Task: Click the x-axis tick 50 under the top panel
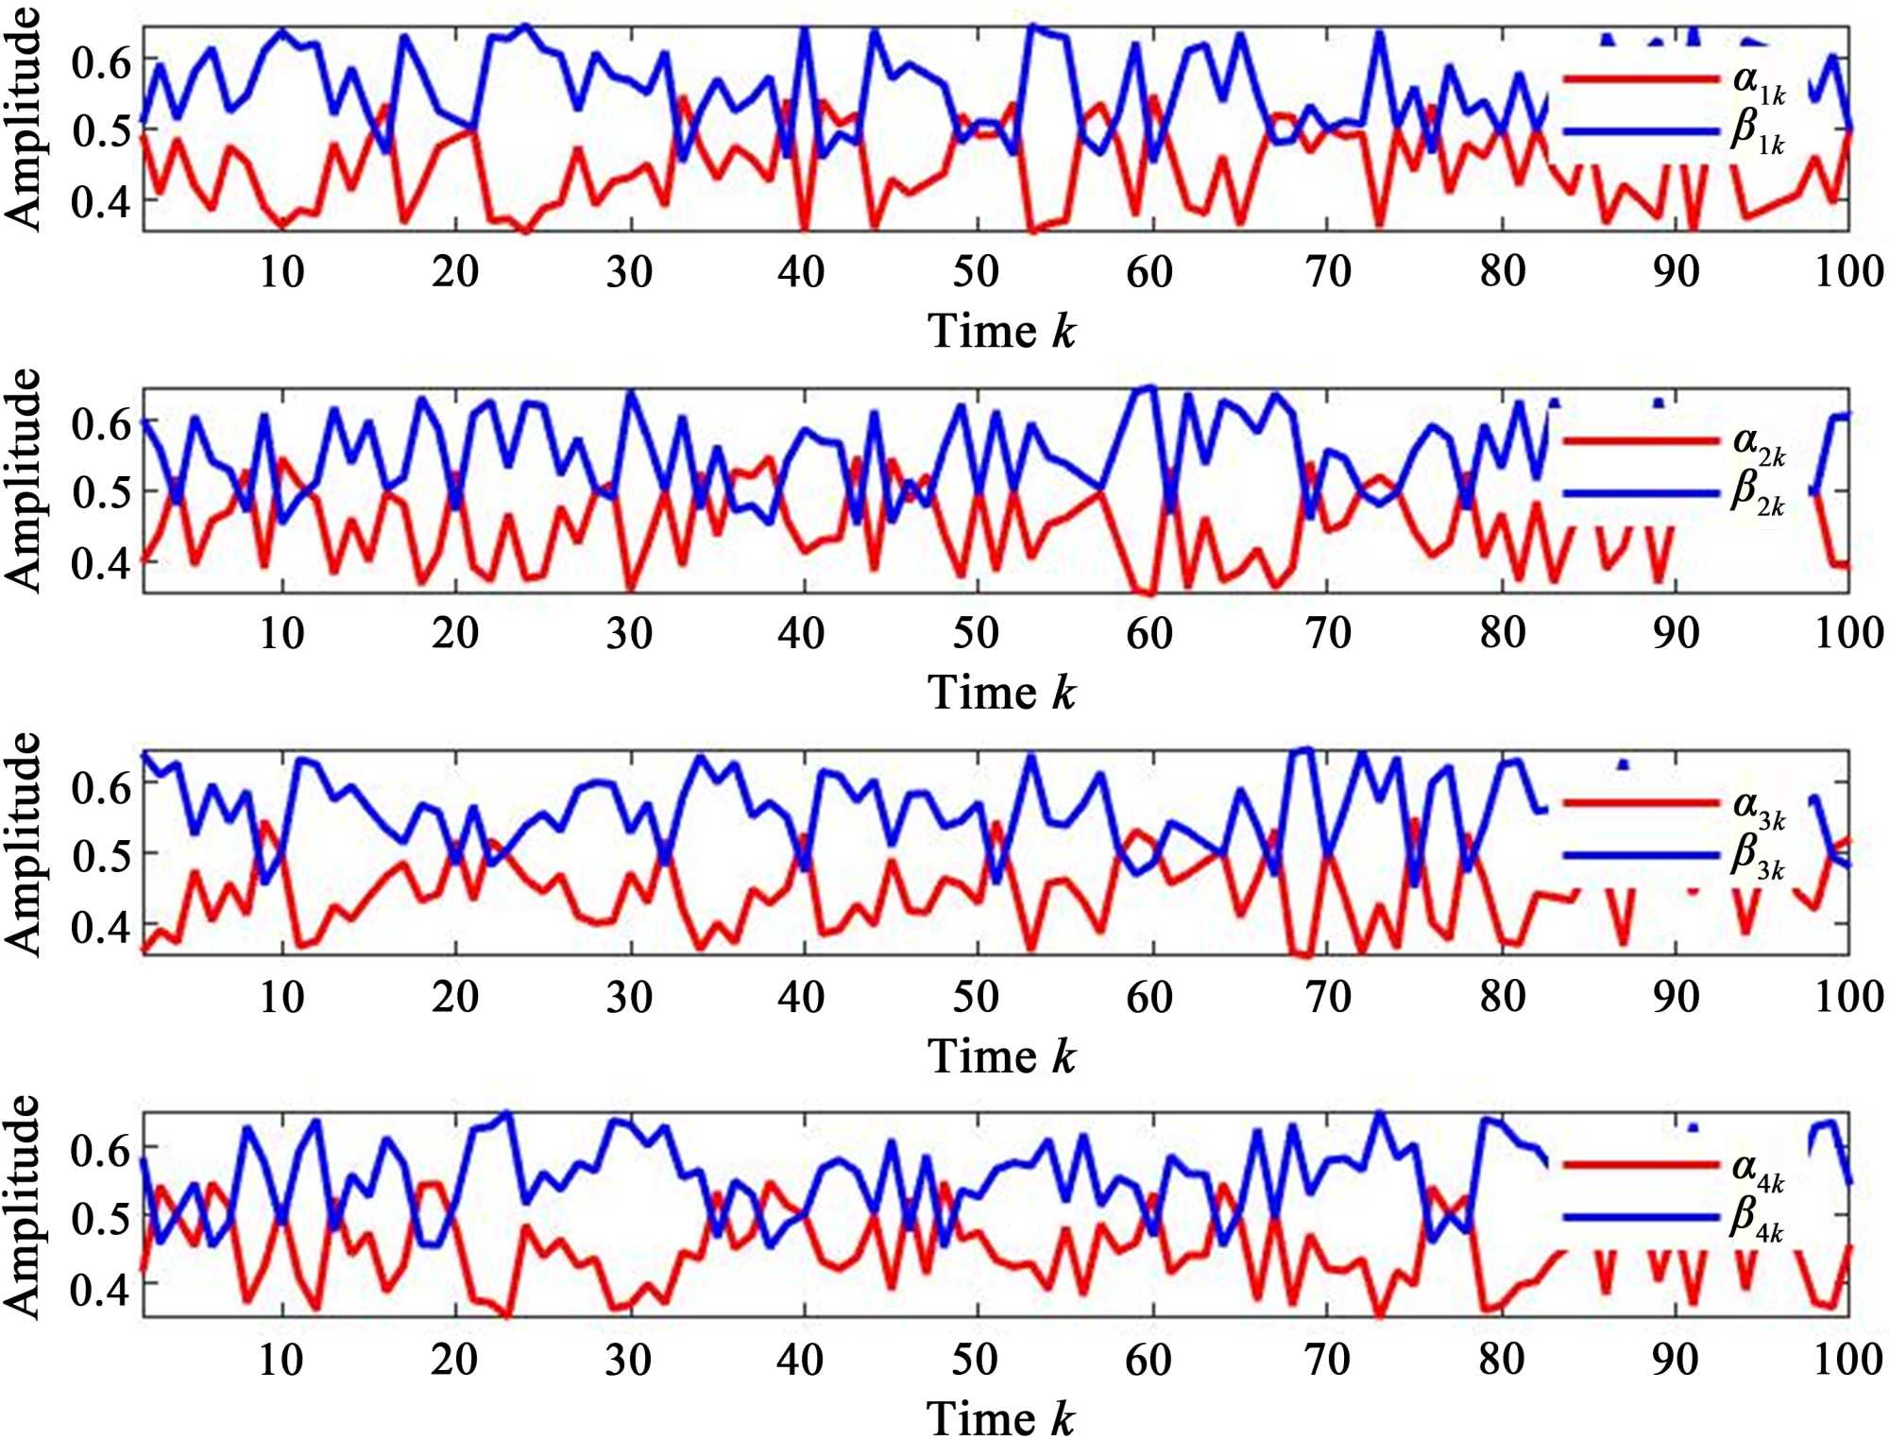tap(976, 272)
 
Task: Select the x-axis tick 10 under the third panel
tap(281, 996)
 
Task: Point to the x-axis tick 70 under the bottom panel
tap(1327, 1359)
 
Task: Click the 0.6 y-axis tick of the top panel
tap(101, 62)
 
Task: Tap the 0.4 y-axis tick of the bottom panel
tap(101, 1287)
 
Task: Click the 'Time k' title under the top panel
tap(1001, 331)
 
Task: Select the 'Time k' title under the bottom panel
tap(1001, 1418)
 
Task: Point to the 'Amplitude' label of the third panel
tap(24, 843)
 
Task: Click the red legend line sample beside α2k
tap(1641, 440)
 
